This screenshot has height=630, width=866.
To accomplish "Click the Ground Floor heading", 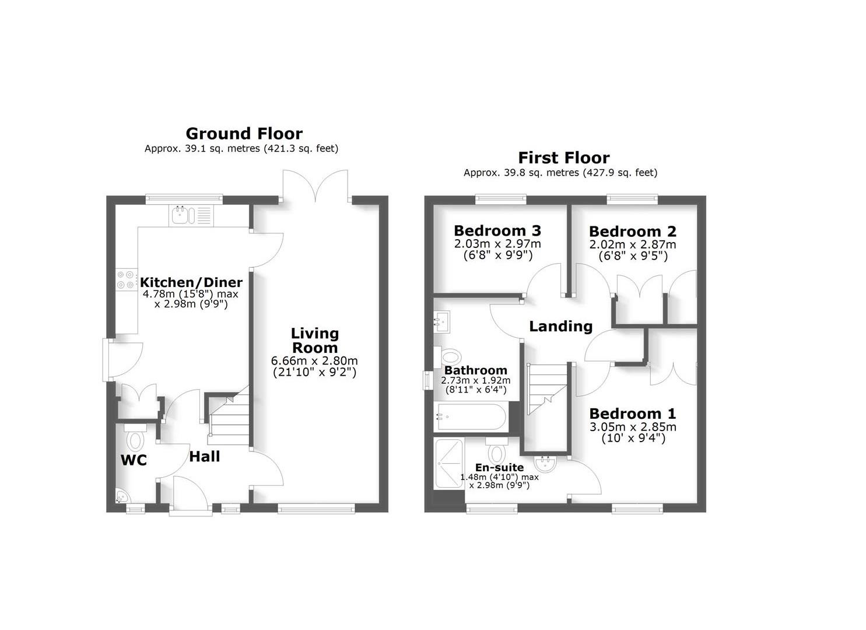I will tap(244, 134).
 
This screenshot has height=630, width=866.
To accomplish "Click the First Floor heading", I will tap(563, 158).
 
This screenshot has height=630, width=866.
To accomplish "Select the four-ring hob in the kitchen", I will tap(124, 279).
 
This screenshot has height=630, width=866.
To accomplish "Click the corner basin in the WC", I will tap(122, 496).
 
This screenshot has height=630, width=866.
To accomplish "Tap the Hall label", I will tap(204, 457).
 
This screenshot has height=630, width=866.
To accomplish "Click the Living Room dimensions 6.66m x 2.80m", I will tap(314, 360).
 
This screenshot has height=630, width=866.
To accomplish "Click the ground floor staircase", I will tap(229, 416).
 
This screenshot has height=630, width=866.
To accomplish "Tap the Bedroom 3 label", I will tap(497, 230).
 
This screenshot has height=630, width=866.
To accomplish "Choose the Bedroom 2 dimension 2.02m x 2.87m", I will tap(633, 245).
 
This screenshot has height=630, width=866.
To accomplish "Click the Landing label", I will tap(560, 326).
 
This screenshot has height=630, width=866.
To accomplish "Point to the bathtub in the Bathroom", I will tap(471, 416).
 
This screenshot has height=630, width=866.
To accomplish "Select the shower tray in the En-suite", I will tap(448, 464).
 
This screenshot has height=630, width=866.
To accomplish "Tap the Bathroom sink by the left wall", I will tap(441, 321).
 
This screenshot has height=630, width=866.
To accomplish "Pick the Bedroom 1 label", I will tap(633, 414).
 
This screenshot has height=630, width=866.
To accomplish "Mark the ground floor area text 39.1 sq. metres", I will tap(241, 149).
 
